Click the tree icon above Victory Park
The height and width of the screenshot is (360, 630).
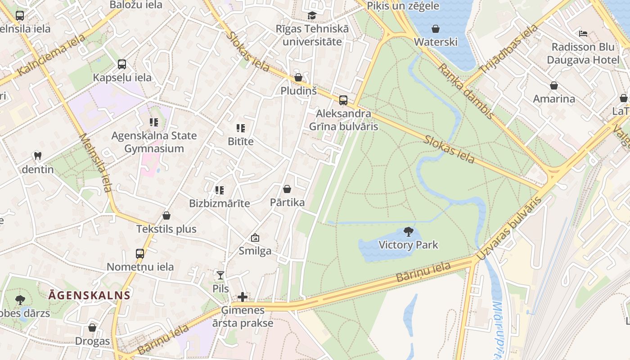tap(408, 232)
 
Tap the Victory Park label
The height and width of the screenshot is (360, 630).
tap(408, 245)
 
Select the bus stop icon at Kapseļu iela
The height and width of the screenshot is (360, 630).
tap(122, 64)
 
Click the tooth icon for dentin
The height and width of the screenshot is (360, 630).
tap(38, 156)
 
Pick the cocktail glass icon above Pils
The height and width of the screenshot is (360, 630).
tap(220, 275)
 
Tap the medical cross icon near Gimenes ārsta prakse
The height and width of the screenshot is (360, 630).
tap(243, 297)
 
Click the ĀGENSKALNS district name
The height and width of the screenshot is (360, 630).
tap(89, 296)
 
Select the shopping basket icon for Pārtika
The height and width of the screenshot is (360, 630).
tap(287, 189)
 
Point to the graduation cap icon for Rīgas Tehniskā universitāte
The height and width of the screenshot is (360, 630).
tap(312, 16)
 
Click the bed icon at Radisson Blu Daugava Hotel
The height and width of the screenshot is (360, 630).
tap(583, 33)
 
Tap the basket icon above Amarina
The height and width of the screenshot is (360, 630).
tap(554, 85)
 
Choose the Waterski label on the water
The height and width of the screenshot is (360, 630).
tap(435, 42)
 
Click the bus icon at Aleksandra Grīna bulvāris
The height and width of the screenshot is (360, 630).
tap(343, 100)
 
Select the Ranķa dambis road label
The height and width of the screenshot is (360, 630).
tap(466, 92)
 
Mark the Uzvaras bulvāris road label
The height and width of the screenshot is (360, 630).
tap(508, 229)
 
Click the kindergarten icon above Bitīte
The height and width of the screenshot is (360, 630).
tap(241, 128)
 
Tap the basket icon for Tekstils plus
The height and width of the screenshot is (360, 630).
tap(166, 216)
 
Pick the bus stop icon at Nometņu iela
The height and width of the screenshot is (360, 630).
tap(140, 254)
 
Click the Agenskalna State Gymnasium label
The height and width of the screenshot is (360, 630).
tap(154, 142)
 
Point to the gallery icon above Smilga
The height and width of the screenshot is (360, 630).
tap(255, 238)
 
